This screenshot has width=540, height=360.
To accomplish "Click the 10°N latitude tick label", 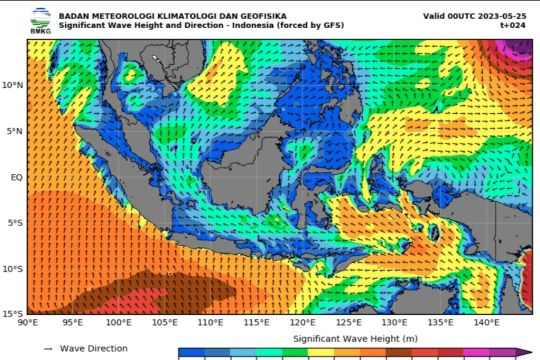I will pos(12,85).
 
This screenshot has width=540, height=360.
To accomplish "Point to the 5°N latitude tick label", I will pos(14,131).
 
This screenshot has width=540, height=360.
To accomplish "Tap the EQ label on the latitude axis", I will pos(16,177).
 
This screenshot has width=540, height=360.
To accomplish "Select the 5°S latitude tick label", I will pos(14,223).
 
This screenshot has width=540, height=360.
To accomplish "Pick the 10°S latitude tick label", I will pos(12,268).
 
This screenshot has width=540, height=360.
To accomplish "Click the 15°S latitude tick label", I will pos(12,314).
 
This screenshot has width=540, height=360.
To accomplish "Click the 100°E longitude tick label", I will pos(119,323).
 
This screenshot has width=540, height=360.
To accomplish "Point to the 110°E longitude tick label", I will pos(211,323).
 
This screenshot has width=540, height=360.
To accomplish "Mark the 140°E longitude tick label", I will pos(487,323).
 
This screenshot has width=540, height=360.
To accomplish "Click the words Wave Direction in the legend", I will pos(94,348).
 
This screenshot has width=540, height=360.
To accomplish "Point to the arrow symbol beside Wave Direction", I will pos(47,348).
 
